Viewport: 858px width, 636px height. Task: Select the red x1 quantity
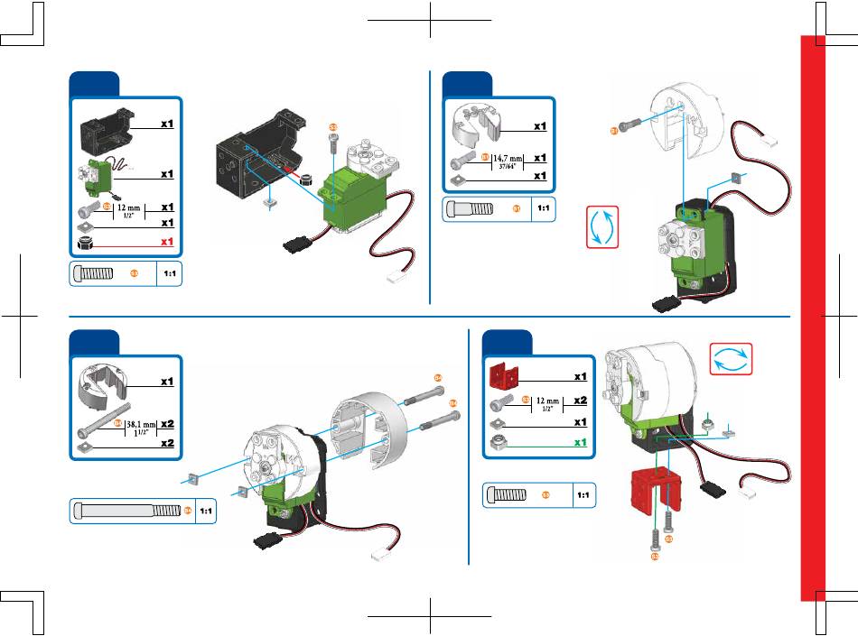[166, 242]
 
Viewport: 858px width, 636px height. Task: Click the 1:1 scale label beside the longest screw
[206, 511]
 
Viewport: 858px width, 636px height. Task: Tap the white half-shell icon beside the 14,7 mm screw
[475, 125]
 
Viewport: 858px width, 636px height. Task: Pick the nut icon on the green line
[499, 442]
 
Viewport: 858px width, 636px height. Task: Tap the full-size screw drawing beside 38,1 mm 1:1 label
[126, 511]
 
